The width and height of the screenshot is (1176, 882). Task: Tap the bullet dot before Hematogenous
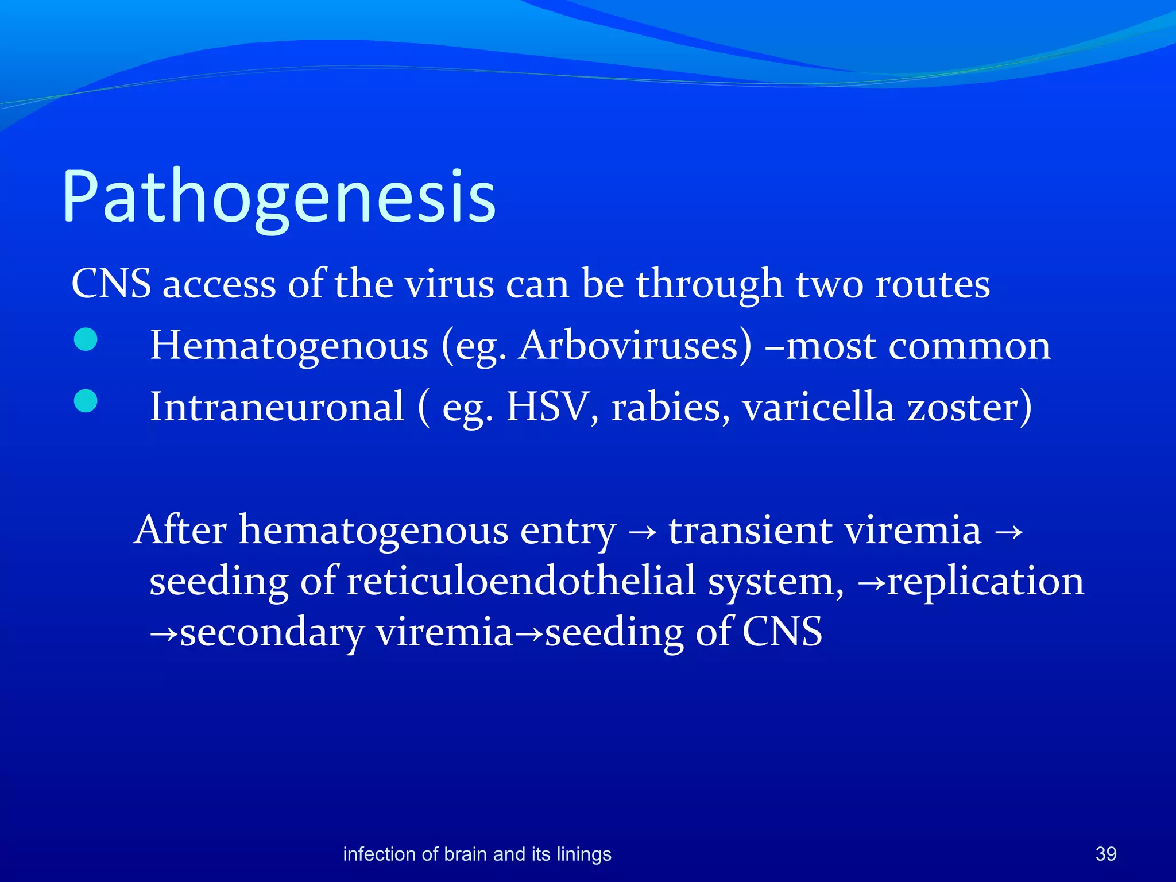point(86,339)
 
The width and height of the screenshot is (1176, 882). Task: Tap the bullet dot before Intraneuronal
point(86,401)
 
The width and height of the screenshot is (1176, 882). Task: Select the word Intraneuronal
point(277,407)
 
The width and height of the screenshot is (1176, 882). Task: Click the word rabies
point(666,407)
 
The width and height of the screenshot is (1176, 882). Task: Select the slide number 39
point(1105,854)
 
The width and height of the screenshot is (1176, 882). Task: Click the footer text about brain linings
point(477,854)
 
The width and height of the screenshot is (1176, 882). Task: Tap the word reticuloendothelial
point(521,581)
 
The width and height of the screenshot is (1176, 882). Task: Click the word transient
point(749,529)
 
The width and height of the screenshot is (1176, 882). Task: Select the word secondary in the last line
point(272,632)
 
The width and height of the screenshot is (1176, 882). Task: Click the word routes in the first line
point(933,284)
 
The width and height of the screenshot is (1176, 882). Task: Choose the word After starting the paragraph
point(181,529)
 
